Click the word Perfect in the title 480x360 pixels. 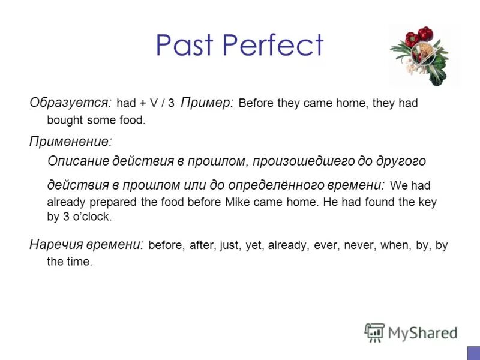(273, 45)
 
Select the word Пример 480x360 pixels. (207, 103)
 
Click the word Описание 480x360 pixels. (76, 161)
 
